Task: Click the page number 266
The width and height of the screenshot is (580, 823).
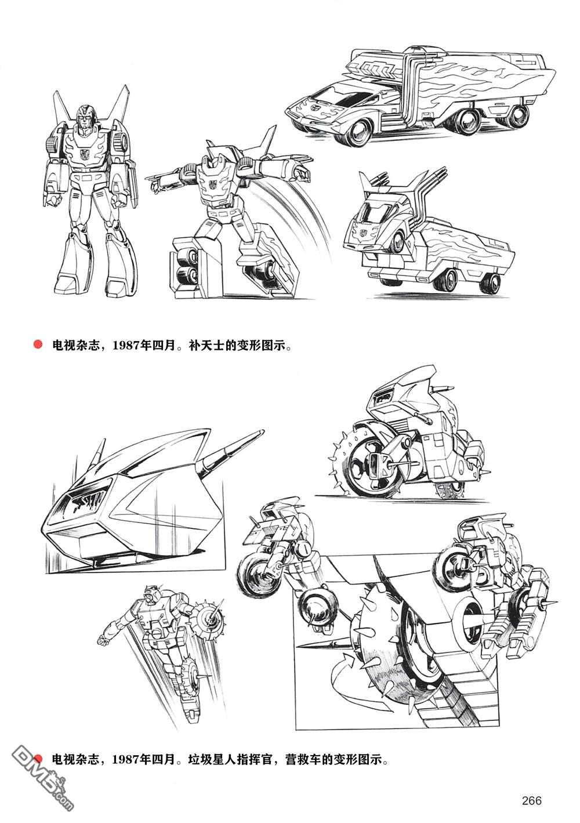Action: point(531,801)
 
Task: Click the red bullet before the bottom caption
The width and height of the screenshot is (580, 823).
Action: point(39,759)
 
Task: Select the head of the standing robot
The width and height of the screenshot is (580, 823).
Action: point(86,115)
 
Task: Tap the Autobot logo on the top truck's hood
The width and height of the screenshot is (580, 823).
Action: point(306,108)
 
